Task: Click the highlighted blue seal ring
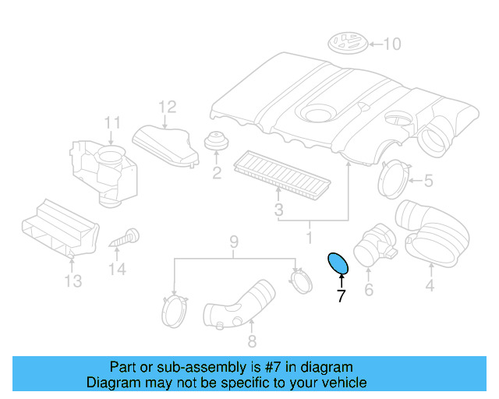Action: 338,265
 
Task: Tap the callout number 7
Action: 340,295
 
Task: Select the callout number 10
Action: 391,44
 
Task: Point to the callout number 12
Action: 168,107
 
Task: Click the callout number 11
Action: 112,122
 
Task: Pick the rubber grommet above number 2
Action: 216,143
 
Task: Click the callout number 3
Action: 278,210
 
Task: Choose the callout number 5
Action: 428,182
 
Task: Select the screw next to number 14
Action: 124,237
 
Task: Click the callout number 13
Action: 73,281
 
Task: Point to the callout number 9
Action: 233,242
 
